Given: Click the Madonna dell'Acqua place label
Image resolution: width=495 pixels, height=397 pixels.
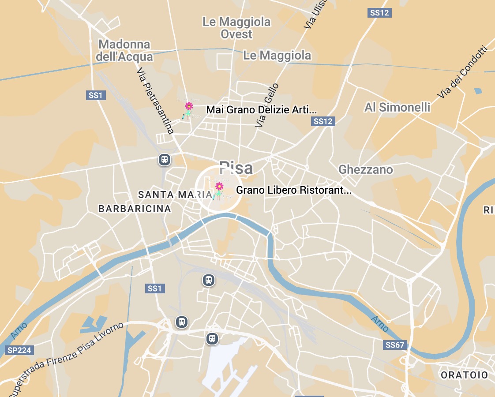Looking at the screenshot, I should click(125, 51).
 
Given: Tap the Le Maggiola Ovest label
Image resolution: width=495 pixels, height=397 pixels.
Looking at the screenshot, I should click(236, 28).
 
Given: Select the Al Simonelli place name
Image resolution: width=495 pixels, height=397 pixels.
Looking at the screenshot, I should click(397, 107).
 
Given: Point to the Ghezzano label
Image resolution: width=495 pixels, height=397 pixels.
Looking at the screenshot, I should click(365, 169).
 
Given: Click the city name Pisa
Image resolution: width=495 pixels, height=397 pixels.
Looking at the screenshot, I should click(236, 168).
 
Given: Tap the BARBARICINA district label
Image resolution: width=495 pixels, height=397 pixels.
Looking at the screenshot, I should click(135, 209).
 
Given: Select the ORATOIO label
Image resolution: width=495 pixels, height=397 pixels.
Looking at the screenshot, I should click(464, 375).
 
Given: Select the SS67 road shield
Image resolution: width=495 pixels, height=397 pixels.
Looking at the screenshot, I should click(394, 345).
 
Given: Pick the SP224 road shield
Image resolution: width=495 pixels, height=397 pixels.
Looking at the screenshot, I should click(19, 350).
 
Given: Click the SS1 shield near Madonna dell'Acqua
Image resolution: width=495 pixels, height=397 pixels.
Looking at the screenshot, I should click(96, 95).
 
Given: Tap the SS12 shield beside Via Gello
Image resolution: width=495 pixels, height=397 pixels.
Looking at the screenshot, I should click(323, 121).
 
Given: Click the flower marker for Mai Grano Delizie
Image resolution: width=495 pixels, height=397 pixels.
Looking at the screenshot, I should click(189, 106).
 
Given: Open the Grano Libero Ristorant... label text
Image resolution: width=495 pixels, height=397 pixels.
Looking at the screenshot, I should click(294, 190).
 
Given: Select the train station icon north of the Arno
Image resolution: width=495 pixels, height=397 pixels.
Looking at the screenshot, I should click(165, 160).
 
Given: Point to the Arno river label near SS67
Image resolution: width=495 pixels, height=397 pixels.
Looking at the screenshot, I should click(379, 324).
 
